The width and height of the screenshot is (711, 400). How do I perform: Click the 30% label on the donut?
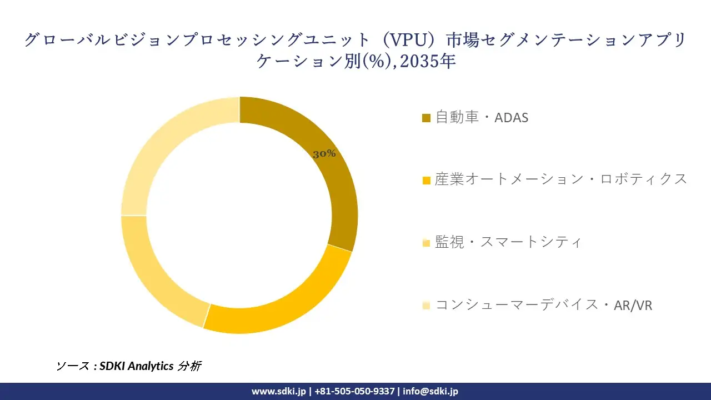pos(324,154)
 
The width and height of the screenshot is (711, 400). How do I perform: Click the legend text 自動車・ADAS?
pos(482,118)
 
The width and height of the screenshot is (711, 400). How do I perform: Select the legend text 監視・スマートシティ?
pos(508,242)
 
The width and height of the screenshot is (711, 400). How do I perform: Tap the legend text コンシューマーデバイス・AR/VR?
pos(543,305)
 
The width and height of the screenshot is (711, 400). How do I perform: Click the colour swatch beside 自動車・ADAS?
pos(427,118)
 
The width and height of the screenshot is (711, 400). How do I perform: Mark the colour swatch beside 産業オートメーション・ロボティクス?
pos(427,181)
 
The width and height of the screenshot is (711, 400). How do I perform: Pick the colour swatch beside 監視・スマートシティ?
pos(427,243)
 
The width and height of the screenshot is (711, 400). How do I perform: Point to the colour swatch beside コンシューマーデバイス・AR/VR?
pos(427,306)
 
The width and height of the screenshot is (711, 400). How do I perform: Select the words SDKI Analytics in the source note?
pos(137,366)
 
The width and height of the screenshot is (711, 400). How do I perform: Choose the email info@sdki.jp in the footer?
pos(430,391)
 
